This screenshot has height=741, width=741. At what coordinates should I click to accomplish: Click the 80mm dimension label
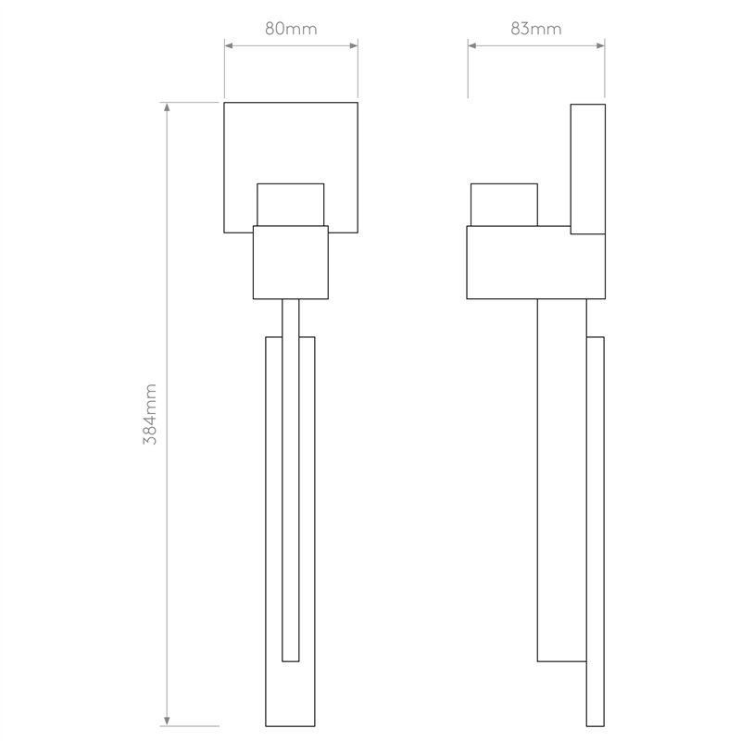[x=291, y=29]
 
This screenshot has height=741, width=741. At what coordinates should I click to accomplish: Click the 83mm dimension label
[x=536, y=29]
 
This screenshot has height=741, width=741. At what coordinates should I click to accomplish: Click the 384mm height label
[x=150, y=414]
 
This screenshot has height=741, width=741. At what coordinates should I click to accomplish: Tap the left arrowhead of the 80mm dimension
[x=229, y=45]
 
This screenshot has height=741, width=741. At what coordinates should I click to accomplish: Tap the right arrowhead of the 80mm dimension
[x=354, y=45]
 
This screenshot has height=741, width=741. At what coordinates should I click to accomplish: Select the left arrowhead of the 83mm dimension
[x=472, y=45]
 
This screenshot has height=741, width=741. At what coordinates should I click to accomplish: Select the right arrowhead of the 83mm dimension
[x=600, y=45]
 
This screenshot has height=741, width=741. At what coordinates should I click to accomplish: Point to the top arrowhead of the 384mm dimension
[x=167, y=107]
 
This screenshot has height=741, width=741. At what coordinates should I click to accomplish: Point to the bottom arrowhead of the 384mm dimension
[x=167, y=721]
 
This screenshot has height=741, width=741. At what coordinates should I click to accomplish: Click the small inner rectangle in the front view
[x=291, y=205]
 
